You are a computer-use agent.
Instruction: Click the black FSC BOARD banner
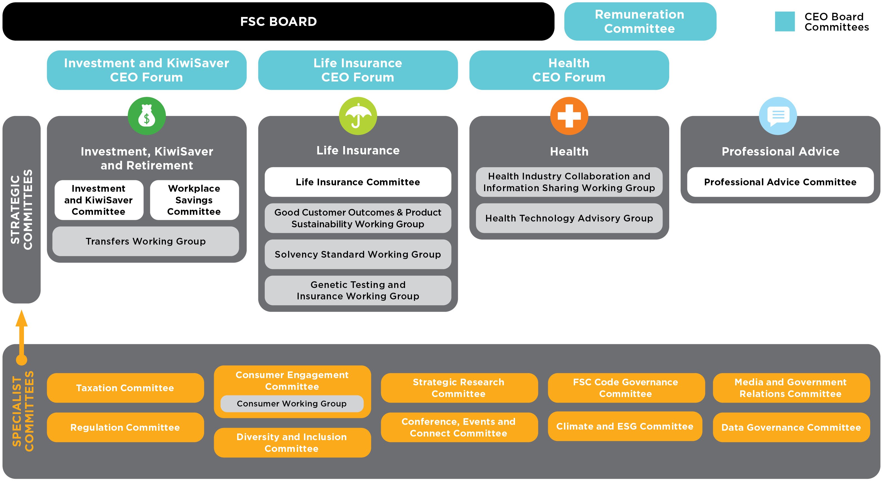tap(278, 22)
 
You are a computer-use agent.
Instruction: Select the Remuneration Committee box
tap(640, 22)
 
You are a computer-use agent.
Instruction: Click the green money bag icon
tap(147, 116)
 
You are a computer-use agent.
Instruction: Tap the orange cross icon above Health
tap(569, 116)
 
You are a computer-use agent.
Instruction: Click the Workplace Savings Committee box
tap(194, 200)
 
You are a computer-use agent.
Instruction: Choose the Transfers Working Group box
tap(146, 241)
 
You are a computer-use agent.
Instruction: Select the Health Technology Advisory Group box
tap(569, 218)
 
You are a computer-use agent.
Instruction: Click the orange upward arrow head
tap(22, 319)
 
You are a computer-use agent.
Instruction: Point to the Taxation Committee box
tap(125, 388)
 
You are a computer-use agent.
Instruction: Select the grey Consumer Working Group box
tap(292, 403)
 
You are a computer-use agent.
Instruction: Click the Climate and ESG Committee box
tap(625, 426)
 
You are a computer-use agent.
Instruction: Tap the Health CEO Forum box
tap(569, 70)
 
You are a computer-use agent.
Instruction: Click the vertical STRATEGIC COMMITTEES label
tap(22, 209)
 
